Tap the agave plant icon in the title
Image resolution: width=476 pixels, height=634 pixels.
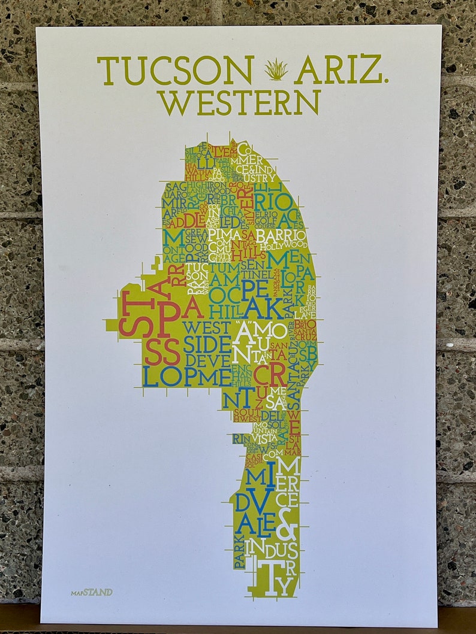pyautogui.click(x=276, y=70)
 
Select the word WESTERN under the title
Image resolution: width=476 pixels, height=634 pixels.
pyautogui.click(x=239, y=102)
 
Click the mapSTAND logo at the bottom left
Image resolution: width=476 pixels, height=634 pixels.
pyautogui.click(x=91, y=592)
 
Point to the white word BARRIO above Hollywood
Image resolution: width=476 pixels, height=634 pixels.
pyautogui.click(x=281, y=235)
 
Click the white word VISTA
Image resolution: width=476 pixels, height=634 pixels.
pyautogui.click(x=264, y=438)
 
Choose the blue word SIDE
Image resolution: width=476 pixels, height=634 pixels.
pyautogui.click(x=207, y=345)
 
